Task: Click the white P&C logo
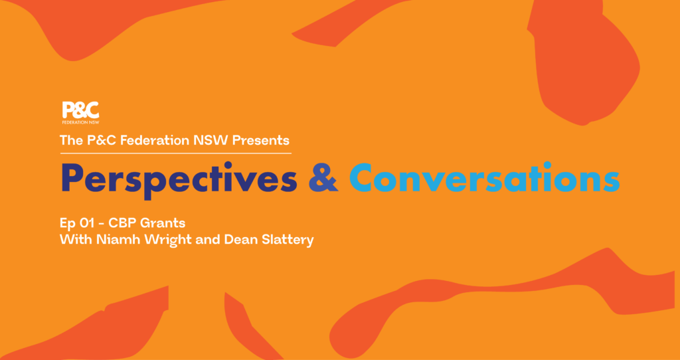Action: click(x=80, y=112)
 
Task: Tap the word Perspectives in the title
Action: click(x=179, y=179)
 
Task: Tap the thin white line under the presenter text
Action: click(x=175, y=153)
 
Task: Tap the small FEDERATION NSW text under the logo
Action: click(x=80, y=122)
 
